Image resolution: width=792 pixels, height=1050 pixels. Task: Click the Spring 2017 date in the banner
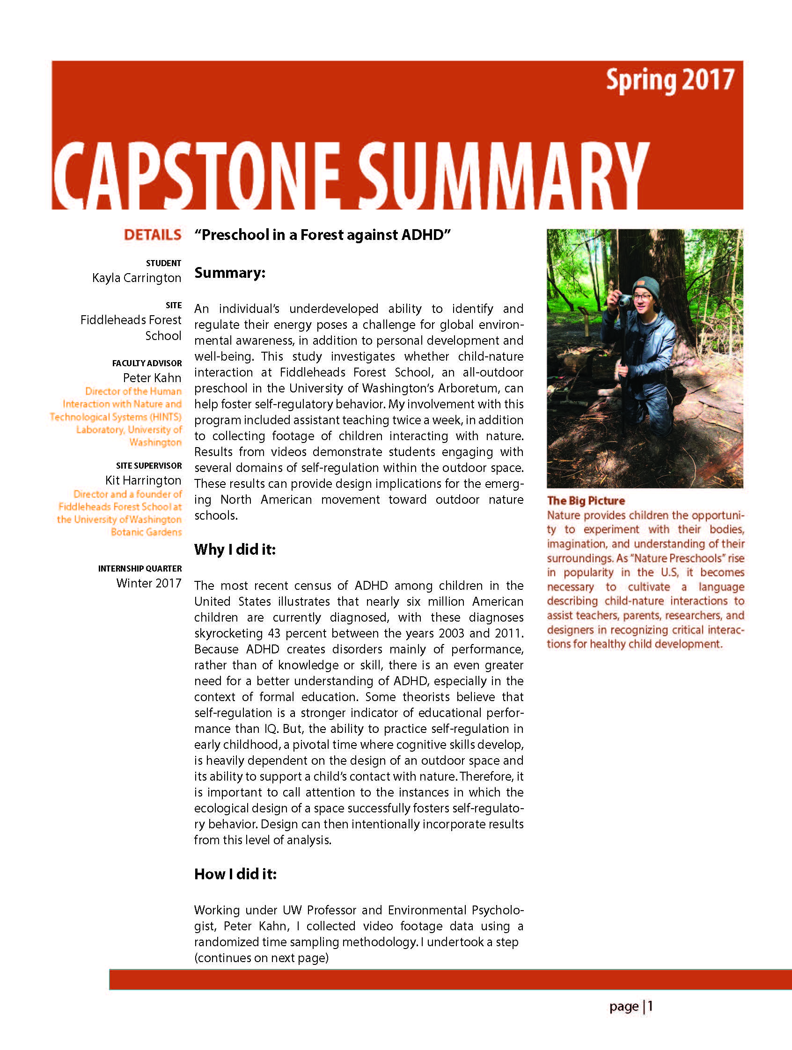pyautogui.click(x=670, y=81)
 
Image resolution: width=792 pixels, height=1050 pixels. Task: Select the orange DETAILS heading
pyautogui.click(x=153, y=235)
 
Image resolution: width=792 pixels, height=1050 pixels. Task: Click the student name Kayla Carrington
pyautogui.click(x=137, y=278)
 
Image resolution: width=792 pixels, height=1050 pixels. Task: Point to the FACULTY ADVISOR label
pyautogui.click(x=147, y=363)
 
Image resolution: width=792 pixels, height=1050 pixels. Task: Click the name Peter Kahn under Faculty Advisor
pyautogui.click(x=152, y=378)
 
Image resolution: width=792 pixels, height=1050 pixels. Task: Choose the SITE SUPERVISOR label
pyautogui.click(x=149, y=466)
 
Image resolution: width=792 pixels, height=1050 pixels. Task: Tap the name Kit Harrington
pyautogui.click(x=143, y=480)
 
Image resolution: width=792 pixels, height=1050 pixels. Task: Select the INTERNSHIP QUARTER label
pyautogui.click(x=139, y=568)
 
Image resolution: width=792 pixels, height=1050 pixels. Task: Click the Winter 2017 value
pyautogui.click(x=149, y=583)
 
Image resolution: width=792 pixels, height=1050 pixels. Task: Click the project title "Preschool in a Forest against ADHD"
pyautogui.click(x=322, y=235)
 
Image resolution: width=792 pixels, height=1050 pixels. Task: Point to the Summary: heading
pyautogui.click(x=229, y=273)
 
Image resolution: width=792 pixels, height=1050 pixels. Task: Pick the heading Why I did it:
pyautogui.click(x=235, y=550)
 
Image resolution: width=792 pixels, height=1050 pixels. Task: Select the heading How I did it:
pyautogui.click(x=235, y=874)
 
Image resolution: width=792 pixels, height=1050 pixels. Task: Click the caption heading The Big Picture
pyautogui.click(x=586, y=500)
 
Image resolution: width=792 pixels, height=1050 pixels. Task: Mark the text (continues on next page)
pyautogui.click(x=261, y=957)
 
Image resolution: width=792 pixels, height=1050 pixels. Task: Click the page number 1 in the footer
pyautogui.click(x=650, y=1006)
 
